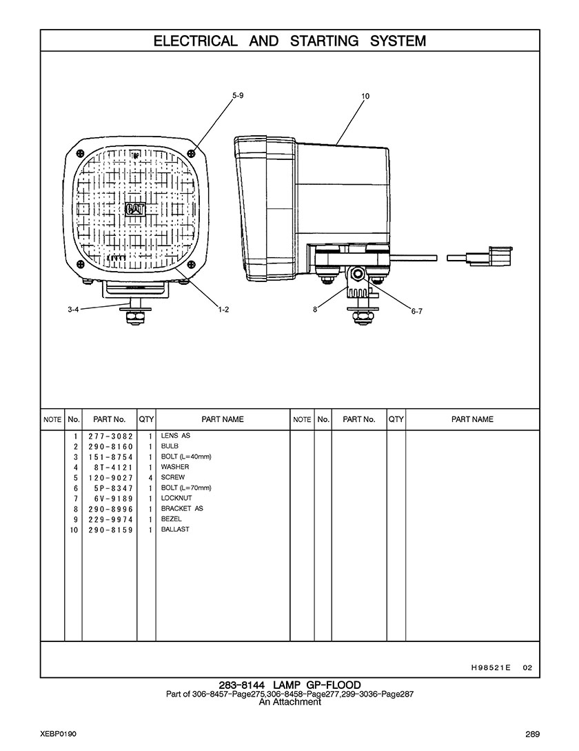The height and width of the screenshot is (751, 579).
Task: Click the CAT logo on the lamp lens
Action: (x=135, y=210)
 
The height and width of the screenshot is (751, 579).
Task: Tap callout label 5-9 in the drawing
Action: (x=238, y=95)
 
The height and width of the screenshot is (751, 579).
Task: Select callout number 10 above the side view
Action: (x=365, y=96)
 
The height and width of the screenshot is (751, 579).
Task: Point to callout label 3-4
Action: (x=73, y=310)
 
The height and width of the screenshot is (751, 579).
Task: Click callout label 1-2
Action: (x=223, y=310)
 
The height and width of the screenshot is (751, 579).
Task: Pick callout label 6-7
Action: (x=416, y=311)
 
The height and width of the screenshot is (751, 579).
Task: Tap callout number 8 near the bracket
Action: (x=315, y=310)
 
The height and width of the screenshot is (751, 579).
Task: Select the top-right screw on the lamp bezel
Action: (x=192, y=153)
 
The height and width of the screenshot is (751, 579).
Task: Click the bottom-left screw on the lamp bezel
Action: (x=80, y=265)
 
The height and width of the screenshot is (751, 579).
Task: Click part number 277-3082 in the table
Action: (x=110, y=437)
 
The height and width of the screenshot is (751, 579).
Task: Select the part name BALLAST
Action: (x=175, y=529)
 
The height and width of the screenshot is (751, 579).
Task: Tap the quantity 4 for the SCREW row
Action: (x=150, y=477)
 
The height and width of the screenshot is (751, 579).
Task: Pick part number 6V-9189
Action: (x=114, y=499)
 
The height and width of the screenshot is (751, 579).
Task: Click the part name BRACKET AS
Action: (x=182, y=508)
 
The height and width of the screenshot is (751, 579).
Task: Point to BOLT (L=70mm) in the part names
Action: (x=186, y=488)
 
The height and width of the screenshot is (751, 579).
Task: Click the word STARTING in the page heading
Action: (x=324, y=41)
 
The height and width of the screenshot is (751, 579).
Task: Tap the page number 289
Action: (x=532, y=734)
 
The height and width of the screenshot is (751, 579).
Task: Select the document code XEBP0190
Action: (x=59, y=734)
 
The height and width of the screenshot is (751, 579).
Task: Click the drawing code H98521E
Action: (x=491, y=667)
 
